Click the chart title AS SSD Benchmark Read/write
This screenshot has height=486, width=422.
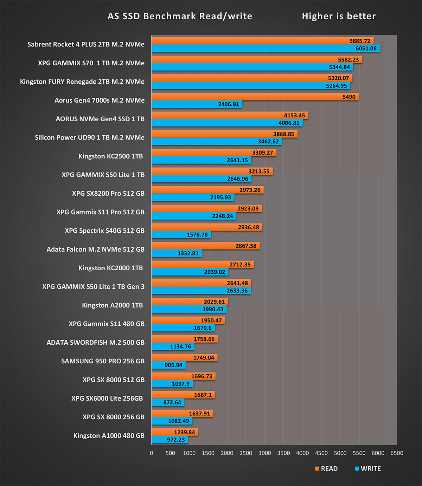(180, 16)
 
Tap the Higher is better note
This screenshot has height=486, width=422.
(339, 16)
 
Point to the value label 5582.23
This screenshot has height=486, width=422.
(348, 60)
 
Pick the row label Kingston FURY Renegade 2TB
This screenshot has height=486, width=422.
(82, 82)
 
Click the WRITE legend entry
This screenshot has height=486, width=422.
(368, 468)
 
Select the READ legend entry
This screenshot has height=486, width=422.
(326, 468)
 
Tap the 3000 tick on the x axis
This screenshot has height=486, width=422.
(264, 453)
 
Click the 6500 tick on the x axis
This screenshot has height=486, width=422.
(397, 453)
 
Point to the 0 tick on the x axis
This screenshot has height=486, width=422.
(152, 453)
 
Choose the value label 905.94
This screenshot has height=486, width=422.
(173, 365)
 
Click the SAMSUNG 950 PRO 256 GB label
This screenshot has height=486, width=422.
(103, 361)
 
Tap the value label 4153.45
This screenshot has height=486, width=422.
(294, 115)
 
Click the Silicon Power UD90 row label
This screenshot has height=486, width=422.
(89, 137)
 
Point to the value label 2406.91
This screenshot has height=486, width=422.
(228, 104)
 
